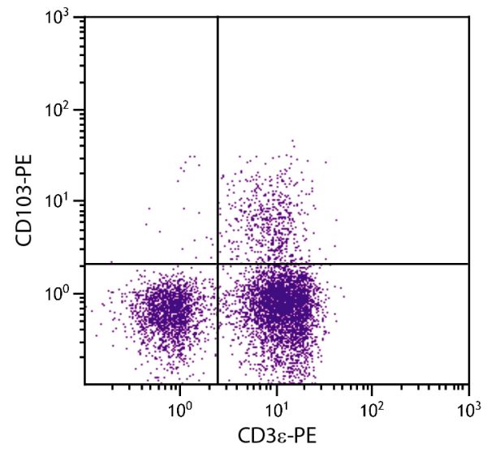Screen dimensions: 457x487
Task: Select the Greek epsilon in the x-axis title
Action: (281, 437)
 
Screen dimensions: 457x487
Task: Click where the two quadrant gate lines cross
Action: (218, 264)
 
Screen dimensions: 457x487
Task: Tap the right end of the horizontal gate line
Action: (468, 264)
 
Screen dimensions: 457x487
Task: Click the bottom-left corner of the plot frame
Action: (84, 384)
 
